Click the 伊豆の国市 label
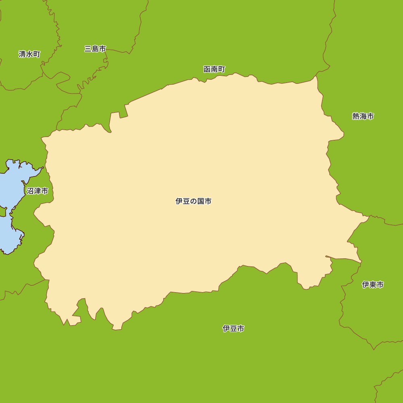(x=193, y=201)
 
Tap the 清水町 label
(x=29, y=54)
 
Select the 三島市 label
(x=95, y=49)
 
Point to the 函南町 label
(x=214, y=69)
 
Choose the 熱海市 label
(x=363, y=116)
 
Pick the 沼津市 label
(x=37, y=191)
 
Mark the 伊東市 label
(x=373, y=285)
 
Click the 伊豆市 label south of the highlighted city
(x=233, y=328)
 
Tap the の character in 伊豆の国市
(x=193, y=201)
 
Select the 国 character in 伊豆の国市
(x=201, y=201)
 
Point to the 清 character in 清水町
(x=22, y=54)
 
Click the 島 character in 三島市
(x=95, y=49)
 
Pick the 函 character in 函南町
(x=207, y=69)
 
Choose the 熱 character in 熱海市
(x=356, y=116)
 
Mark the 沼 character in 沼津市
(x=30, y=191)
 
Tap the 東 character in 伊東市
(x=373, y=285)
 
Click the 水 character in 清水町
(x=29, y=54)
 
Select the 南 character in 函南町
(x=214, y=69)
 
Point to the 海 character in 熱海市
(x=363, y=116)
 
